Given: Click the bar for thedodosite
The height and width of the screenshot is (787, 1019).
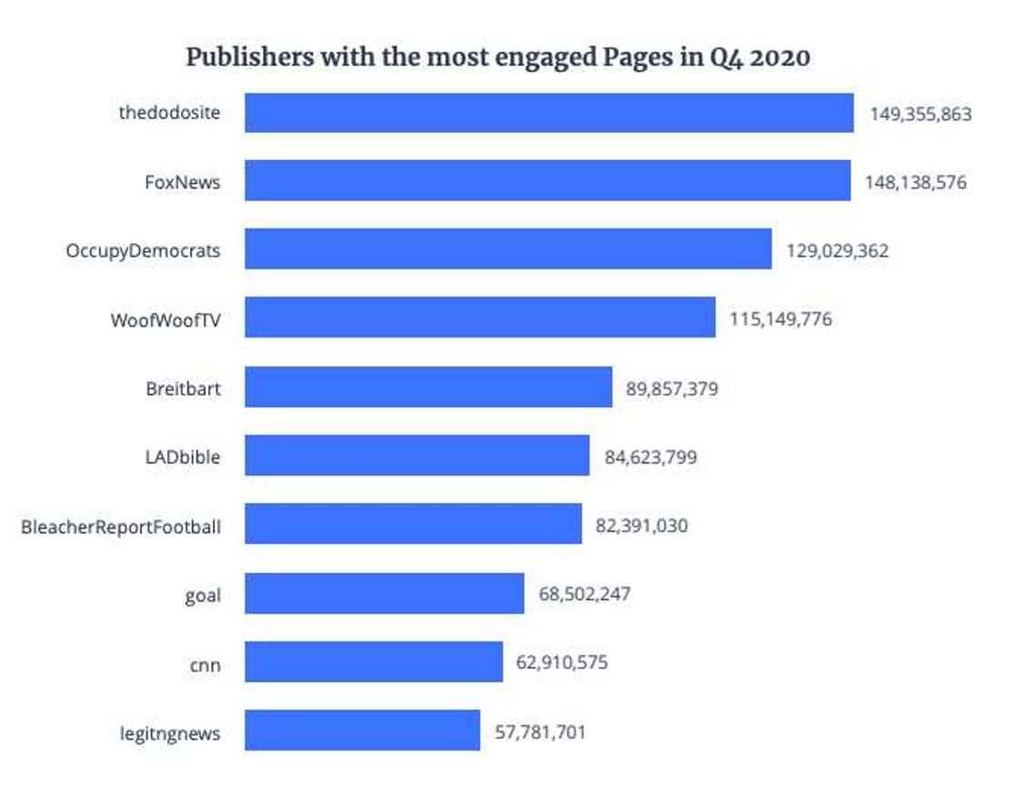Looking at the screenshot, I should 549,113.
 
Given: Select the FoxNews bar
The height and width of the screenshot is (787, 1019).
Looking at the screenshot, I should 547,181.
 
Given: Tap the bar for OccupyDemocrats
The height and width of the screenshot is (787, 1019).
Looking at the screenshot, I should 508,249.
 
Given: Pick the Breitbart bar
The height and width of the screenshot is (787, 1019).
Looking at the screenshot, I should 428,388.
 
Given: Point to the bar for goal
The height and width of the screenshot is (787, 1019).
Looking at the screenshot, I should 384,593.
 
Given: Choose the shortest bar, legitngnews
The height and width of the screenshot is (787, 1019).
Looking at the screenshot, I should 362,731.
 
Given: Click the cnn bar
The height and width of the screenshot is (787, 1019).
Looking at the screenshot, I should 373,661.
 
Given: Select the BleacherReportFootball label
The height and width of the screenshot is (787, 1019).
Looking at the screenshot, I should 120,526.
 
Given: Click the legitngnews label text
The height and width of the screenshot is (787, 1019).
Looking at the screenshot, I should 169,733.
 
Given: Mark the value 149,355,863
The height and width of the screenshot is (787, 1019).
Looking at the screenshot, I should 920,115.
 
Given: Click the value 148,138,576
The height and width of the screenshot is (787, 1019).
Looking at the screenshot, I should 916,183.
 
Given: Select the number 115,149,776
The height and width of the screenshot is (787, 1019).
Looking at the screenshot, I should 780,319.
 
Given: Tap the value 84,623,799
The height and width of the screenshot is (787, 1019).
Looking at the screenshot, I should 651,457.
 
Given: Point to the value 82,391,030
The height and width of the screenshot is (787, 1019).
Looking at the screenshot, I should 641,526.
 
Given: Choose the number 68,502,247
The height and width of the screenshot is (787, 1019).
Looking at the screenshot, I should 584,594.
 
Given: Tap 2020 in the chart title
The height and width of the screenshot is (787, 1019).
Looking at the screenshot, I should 780,57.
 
